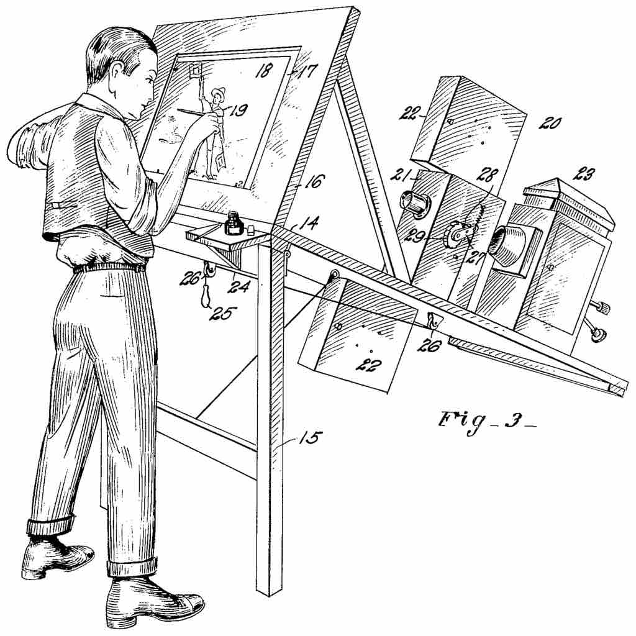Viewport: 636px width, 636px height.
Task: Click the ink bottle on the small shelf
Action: point(234,224)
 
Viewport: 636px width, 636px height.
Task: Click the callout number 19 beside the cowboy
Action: point(238,111)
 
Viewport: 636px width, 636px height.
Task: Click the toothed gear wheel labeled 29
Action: point(455,237)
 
